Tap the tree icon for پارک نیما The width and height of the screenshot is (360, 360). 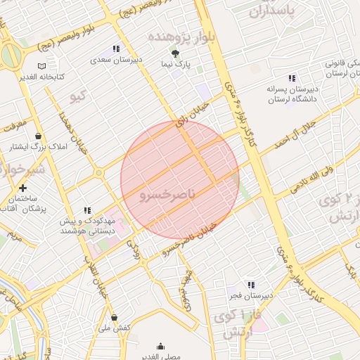175,53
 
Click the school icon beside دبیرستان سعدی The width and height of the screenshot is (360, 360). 116,49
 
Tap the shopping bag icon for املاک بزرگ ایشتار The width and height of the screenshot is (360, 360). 37,136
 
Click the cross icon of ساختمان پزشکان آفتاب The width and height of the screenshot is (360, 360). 23,188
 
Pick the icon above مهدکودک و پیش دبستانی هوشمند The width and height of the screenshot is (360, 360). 87,210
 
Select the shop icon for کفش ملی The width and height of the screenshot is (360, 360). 114,316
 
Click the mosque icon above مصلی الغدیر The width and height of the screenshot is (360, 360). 160,346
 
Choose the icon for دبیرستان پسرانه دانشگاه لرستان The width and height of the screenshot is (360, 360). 291,78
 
